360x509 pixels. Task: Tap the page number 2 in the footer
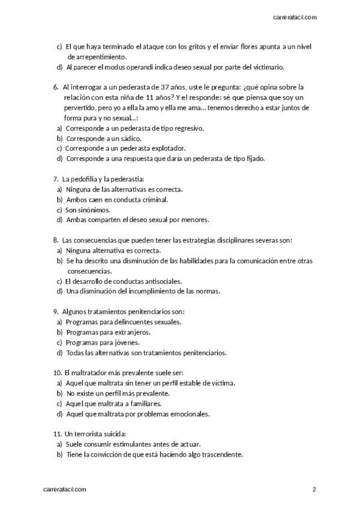pyautogui.click(x=314, y=490)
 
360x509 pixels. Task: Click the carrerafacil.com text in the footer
pyautogui.click(x=65, y=490)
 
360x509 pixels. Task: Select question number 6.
pyautogui.click(x=56, y=87)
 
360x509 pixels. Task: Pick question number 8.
pyautogui.click(x=56, y=240)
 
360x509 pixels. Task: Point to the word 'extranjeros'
pyautogui.click(x=130, y=332)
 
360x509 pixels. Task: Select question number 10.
pyautogui.click(x=58, y=373)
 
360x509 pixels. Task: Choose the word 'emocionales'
pyautogui.click(x=187, y=414)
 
